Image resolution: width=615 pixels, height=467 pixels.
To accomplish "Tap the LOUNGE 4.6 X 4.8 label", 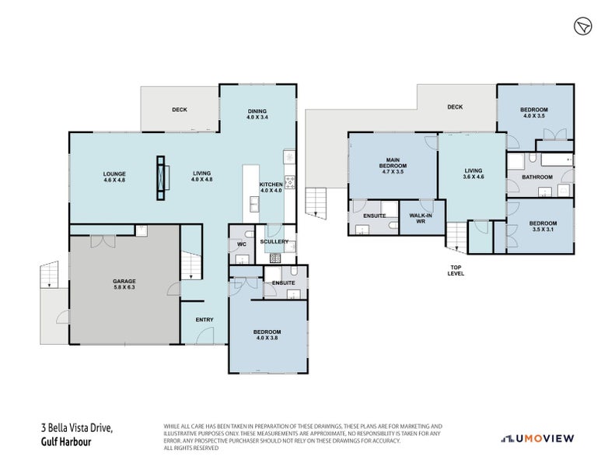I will (114, 177).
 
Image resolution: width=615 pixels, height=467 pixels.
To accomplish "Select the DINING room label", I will (257, 114).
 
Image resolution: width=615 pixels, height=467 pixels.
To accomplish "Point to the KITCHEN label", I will (271, 188).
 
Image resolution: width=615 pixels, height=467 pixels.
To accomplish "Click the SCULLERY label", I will (274, 241).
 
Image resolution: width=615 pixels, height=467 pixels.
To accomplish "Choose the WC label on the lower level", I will (241, 244).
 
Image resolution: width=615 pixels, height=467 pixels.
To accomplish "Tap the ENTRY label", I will (204, 320).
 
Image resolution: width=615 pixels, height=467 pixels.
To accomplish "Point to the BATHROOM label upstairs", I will (536, 177).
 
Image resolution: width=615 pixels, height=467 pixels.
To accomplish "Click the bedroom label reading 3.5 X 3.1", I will (543, 225).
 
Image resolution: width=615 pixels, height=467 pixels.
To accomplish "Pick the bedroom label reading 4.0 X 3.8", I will (266, 335).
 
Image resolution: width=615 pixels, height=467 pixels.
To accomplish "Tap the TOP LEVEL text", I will (456, 270).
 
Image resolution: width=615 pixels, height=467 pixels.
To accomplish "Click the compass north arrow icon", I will (582, 27).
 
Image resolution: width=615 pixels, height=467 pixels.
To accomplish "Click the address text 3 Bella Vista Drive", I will (76, 428).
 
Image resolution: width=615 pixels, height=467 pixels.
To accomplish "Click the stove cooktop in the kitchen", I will (290, 183).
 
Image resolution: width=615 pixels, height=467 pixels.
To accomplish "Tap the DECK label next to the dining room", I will (180, 110).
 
